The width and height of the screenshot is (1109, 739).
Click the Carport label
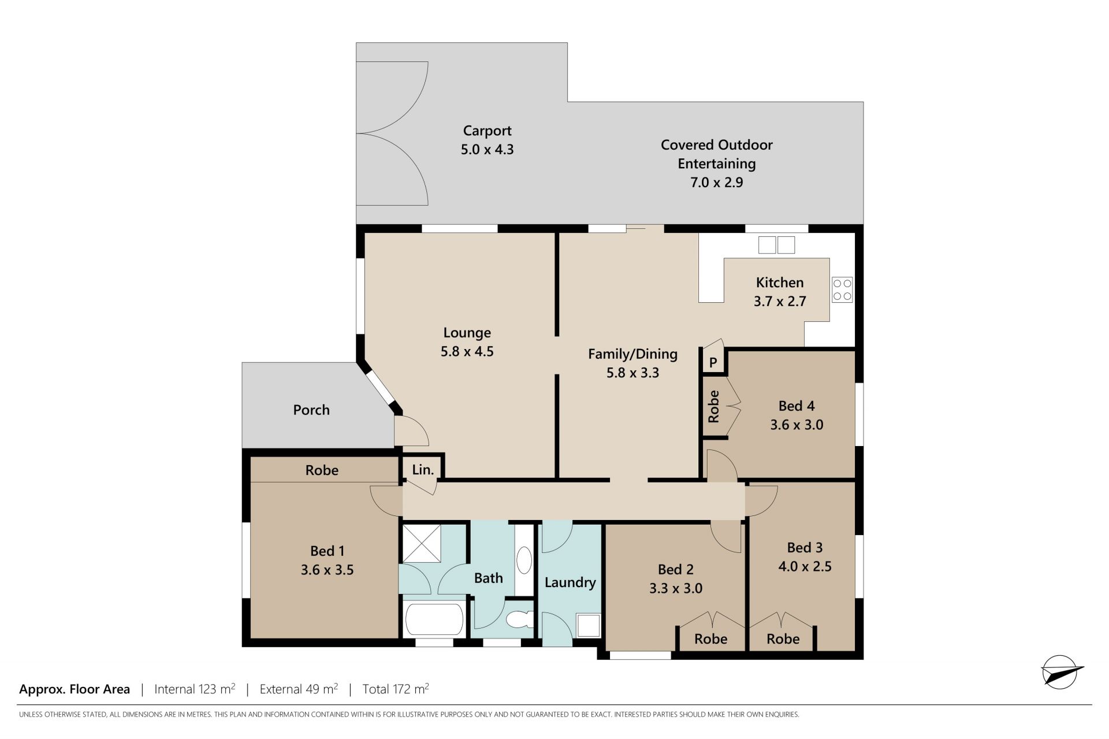click(x=487, y=131)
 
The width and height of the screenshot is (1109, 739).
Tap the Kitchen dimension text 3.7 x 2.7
click(x=780, y=301)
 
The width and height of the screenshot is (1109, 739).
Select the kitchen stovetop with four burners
click(x=842, y=289)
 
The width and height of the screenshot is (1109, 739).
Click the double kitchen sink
click(x=776, y=245)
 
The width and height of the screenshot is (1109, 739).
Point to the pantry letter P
click(x=713, y=362)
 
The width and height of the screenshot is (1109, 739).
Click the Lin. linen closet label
click(x=423, y=470)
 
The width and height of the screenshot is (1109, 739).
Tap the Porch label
click(x=311, y=410)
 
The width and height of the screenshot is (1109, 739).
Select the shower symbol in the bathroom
click(x=422, y=543)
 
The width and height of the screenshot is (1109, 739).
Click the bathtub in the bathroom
click(x=434, y=619)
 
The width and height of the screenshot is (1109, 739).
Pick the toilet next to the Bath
click(x=519, y=619)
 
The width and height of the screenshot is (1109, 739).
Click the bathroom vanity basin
click(x=524, y=560)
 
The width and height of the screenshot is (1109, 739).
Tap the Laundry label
click(x=570, y=582)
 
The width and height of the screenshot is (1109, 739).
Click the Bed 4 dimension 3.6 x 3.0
click(x=797, y=425)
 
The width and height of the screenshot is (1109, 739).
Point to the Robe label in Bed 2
click(x=710, y=638)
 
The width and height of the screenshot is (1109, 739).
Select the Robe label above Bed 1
click(x=322, y=470)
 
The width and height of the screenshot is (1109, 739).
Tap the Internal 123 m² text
click(x=195, y=689)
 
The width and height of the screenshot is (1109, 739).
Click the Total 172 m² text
click(x=396, y=689)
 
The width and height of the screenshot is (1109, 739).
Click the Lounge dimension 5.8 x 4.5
click(x=467, y=351)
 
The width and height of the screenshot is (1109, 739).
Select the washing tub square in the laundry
click(x=589, y=626)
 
